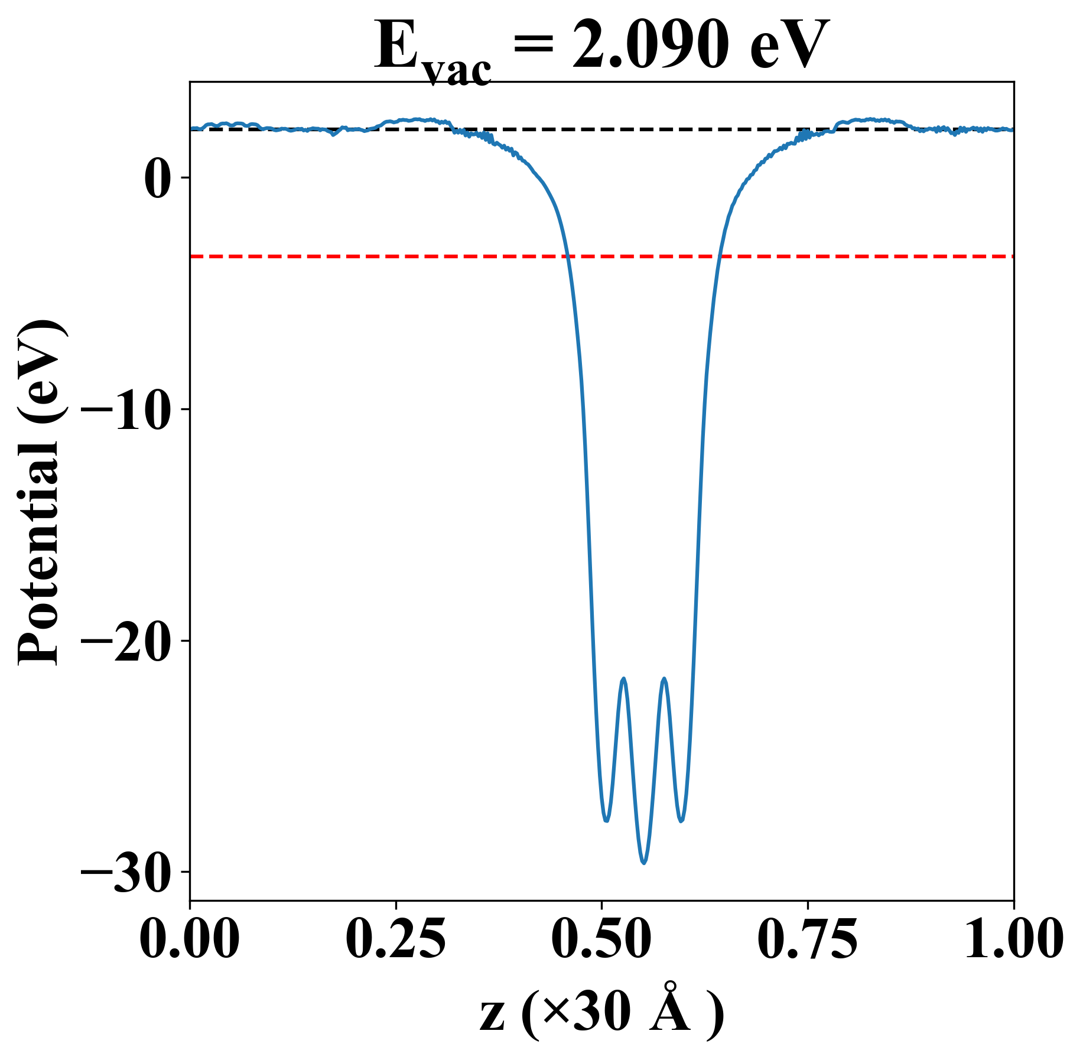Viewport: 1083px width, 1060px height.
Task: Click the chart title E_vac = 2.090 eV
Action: (601, 46)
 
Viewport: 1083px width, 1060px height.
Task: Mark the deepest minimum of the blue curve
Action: (644, 863)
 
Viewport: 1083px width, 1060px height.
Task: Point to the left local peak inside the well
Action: (623, 679)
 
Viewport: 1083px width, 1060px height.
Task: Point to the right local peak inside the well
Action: (665, 679)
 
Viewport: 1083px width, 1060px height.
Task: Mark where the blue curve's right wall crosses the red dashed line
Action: (719, 256)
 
